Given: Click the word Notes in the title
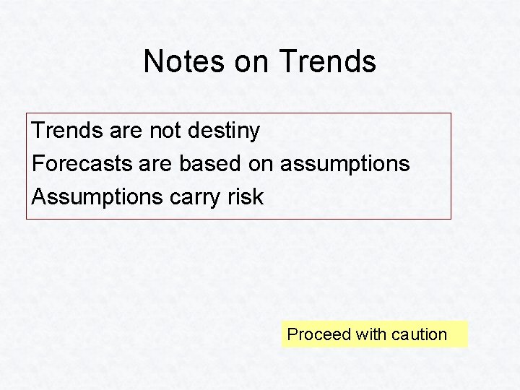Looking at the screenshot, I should [x=184, y=61].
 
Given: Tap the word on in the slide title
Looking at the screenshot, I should [x=251, y=62].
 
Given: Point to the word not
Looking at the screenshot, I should [x=165, y=131].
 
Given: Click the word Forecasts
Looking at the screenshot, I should [x=81, y=163].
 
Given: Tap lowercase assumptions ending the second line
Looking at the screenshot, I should [x=344, y=165].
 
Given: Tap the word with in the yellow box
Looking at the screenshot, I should [x=370, y=334].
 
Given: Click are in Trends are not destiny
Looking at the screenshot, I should [x=126, y=131].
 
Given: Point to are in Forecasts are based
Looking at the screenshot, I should [x=155, y=164].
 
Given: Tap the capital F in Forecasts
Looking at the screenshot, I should [x=38, y=163].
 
